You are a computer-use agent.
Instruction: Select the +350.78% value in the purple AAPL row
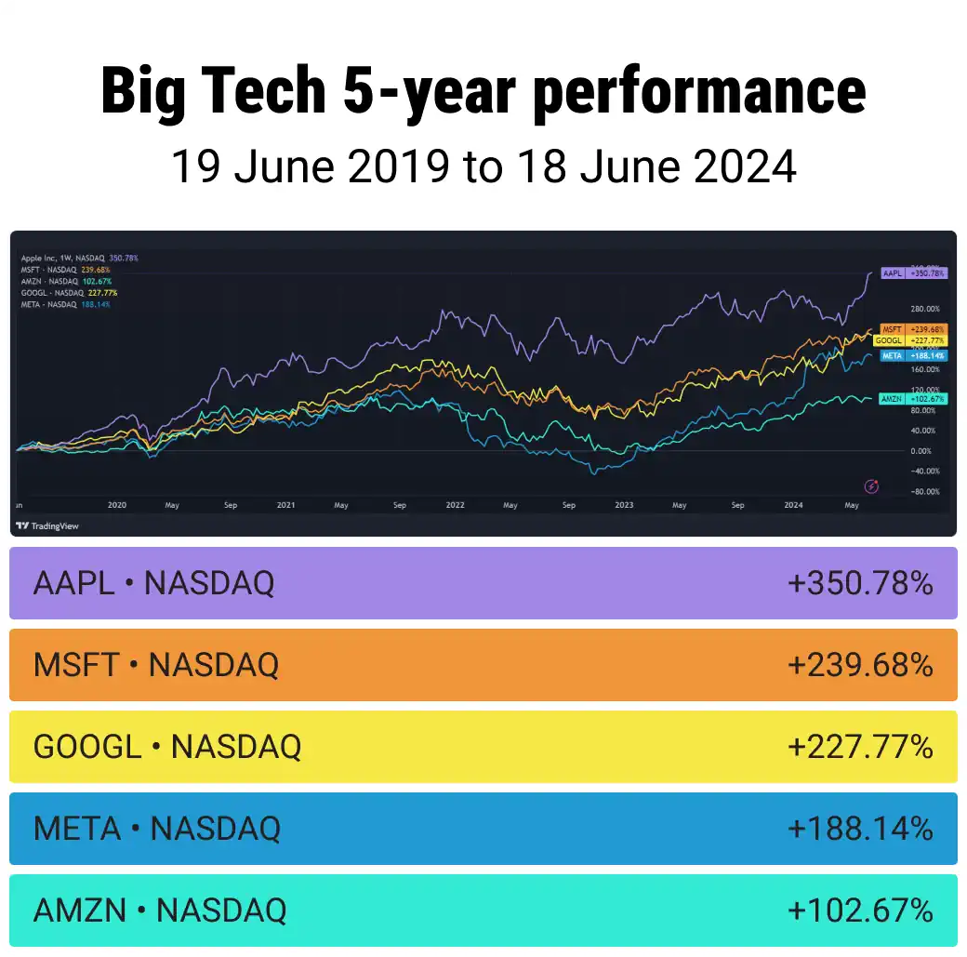[x=860, y=583]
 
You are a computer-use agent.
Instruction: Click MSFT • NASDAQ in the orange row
[x=155, y=665]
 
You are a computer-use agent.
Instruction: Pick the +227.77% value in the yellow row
[x=860, y=746]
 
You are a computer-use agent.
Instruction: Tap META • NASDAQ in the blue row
[x=156, y=828]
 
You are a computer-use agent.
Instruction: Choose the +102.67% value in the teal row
[x=860, y=910]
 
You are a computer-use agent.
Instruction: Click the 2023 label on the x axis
[x=624, y=505]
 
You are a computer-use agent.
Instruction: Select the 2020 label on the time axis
[x=116, y=505]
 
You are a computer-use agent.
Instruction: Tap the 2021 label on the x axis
[x=285, y=505]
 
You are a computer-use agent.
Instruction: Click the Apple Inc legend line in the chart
[x=79, y=258]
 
